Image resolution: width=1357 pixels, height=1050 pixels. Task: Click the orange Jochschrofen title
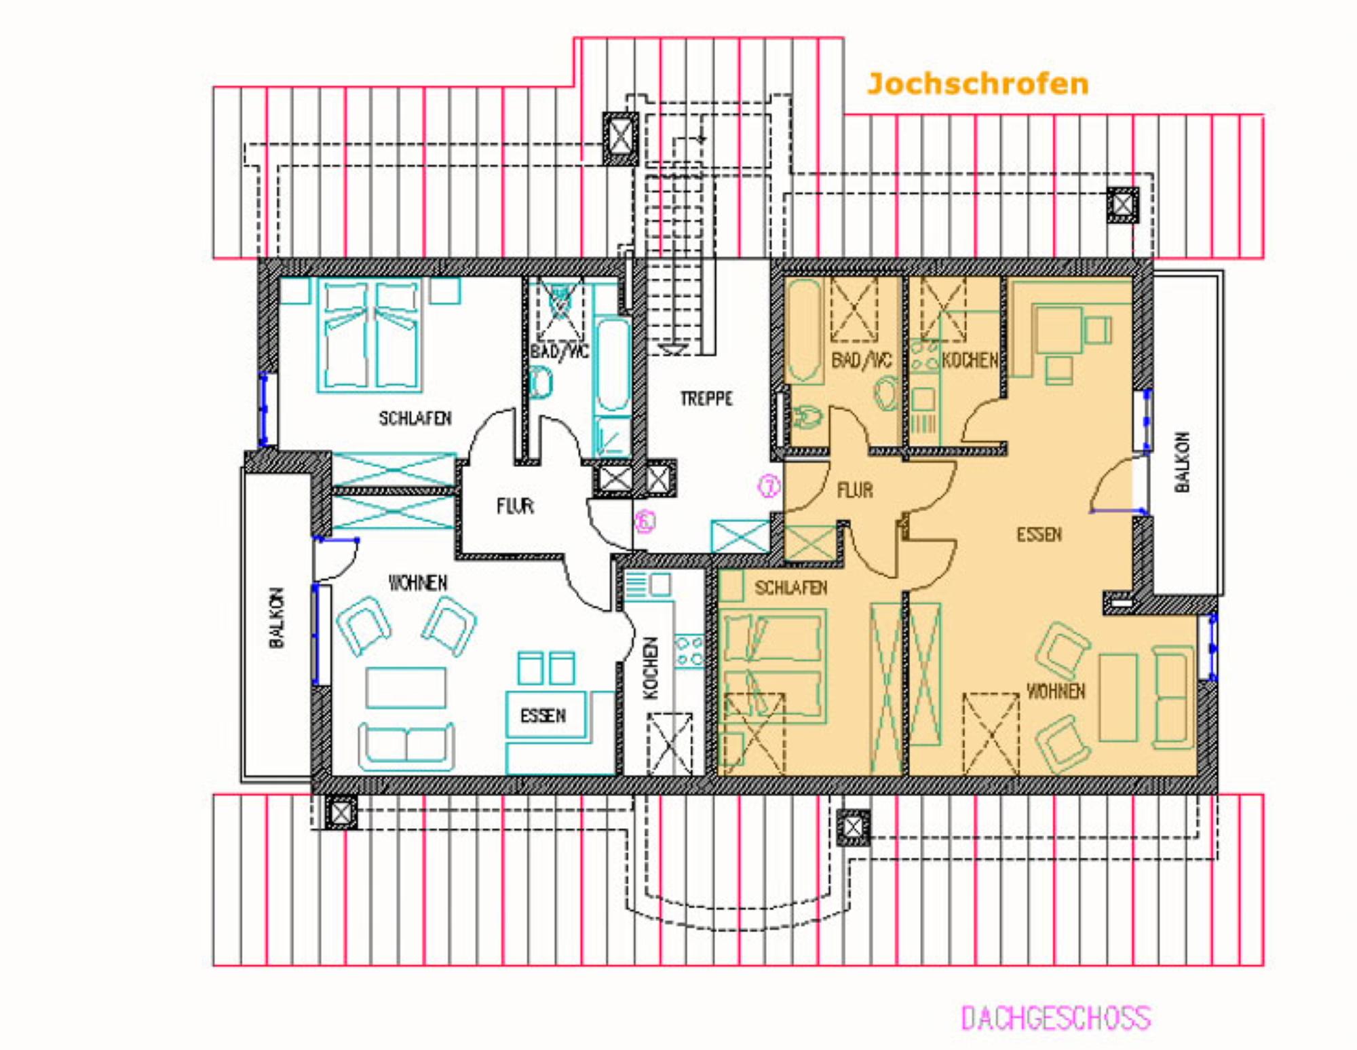[x=978, y=84]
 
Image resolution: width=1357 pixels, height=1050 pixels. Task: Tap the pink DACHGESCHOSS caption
[x=1056, y=1018]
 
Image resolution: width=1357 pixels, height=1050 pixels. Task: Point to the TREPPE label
[x=706, y=398]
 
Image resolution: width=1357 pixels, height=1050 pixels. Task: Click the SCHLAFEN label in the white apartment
[x=415, y=418]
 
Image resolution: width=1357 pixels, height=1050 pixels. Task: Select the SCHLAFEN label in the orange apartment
[x=791, y=588]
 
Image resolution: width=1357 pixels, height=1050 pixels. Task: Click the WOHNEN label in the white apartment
[x=418, y=583]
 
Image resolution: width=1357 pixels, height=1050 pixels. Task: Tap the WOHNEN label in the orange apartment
[x=1056, y=692]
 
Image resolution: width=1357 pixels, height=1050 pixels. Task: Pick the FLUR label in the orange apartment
[x=855, y=490]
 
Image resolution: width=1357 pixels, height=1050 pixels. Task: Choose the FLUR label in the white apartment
[x=515, y=506]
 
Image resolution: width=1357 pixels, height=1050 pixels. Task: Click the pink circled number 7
[x=769, y=486]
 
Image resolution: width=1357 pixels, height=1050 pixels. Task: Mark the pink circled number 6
[x=645, y=521]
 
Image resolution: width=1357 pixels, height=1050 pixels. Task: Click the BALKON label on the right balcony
[x=1182, y=462]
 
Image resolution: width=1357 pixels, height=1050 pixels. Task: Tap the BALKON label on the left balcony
[x=277, y=618]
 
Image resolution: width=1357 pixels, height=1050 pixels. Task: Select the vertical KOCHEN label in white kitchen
[x=650, y=668]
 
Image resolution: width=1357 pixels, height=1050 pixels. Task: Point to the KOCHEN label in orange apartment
[x=970, y=360]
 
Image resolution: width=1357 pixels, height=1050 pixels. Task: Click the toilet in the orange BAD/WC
[x=805, y=419]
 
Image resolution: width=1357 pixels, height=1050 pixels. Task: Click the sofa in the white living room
[x=406, y=746]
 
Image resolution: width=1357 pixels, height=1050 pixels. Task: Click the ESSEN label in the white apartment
[x=543, y=715]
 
